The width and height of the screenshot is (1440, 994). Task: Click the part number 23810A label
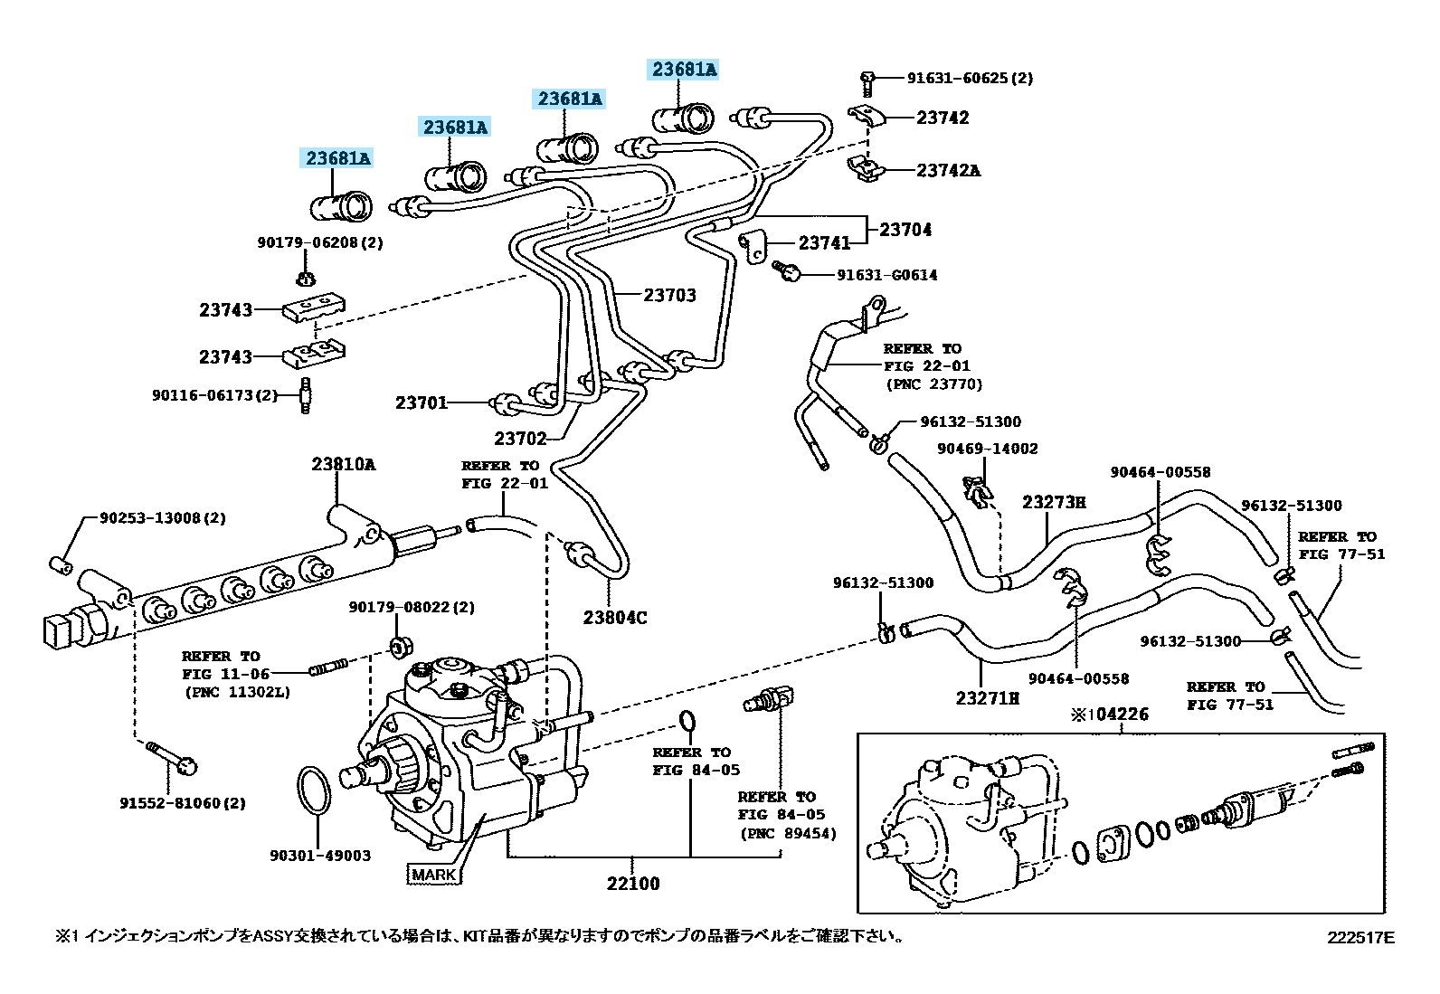pyautogui.click(x=343, y=464)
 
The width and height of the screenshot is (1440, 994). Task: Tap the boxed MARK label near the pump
pyautogui.click(x=433, y=875)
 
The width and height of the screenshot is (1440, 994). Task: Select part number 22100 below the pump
pyautogui.click(x=633, y=884)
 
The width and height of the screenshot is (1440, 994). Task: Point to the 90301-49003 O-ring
pyautogui.click(x=314, y=790)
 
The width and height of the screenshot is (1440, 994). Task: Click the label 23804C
pyautogui.click(x=615, y=618)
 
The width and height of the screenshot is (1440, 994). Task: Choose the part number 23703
pyautogui.click(x=669, y=295)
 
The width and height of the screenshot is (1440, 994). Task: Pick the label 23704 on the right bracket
pyautogui.click(x=905, y=230)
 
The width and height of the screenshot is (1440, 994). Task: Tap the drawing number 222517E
pyautogui.click(x=1360, y=938)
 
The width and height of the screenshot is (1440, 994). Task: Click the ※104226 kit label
pyautogui.click(x=1110, y=715)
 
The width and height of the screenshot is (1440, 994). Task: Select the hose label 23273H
pyautogui.click(x=1054, y=502)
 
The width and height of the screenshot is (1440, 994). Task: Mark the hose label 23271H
pyautogui.click(x=987, y=698)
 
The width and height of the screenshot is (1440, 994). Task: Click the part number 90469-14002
pyautogui.click(x=987, y=449)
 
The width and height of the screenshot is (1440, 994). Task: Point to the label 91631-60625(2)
pyautogui.click(x=970, y=78)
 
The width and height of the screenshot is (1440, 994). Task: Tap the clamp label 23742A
pyautogui.click(x=948, y=170)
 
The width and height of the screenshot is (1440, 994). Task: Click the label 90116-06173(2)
pyautogui.click(x=215, y=395)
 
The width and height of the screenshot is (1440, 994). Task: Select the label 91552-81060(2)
pyautogui.click(x=183, y=803)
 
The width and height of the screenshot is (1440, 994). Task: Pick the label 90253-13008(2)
pyautogui.click(x=163, y=518)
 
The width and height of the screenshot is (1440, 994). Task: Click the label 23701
pyautogui.click(x=422, y=402)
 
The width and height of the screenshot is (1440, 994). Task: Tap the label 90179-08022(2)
pyautogui.click(x=412, y=608)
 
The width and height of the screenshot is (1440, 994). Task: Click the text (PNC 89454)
pyautogui.click(x=787, y=833)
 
